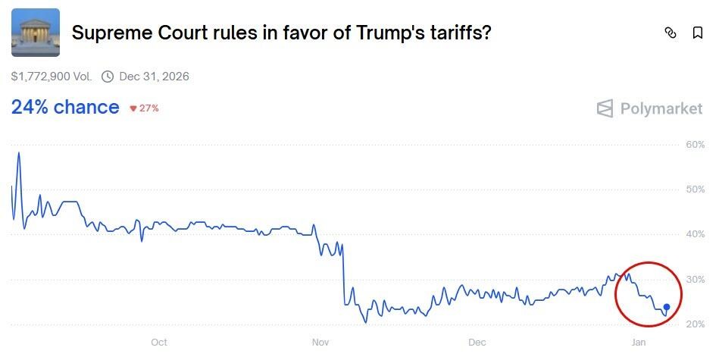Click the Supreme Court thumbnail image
(x=36, y=33)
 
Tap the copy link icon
(x=670, y=33)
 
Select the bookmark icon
(x=698, y=33)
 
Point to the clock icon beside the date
(x=108, y=77)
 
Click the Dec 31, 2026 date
(x=154, y=77)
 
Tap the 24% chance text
(x=65, y=108)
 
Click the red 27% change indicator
(x=144, y=108)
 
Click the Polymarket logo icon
(x=605, y=108)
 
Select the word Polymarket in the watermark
(x=661, y=108)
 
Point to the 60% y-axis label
(x=695, y=144)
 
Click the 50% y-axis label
(x=695, y=189)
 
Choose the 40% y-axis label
(x=695, y=234)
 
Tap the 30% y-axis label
(x=695, y=280)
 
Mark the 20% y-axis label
(x=695, y=324)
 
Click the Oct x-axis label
(x=159, y=343)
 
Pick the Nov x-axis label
(x=320, y=343)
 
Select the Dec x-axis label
(x=477, y=343)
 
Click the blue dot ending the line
(x=667, y=307)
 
